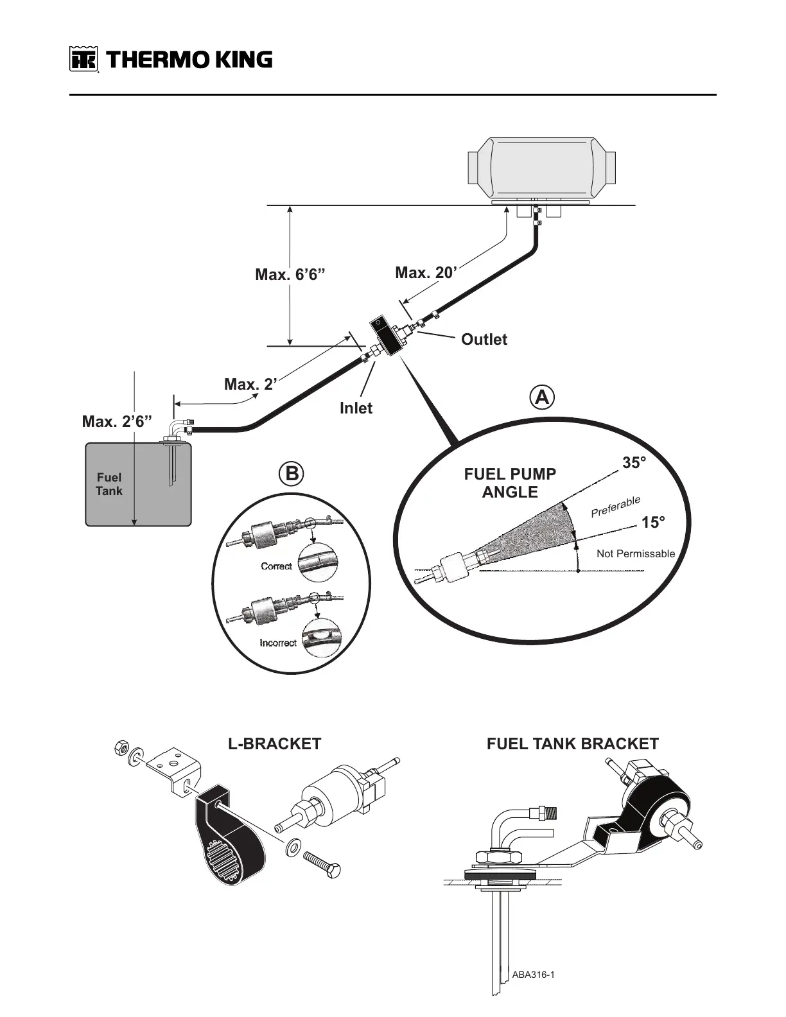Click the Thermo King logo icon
83,60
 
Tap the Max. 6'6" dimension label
290,275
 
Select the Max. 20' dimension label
426,273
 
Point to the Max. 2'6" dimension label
117,422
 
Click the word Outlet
484,340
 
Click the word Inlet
356,408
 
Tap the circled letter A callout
543,397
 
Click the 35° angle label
634,462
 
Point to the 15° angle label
653,523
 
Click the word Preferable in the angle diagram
615,507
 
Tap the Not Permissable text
635,553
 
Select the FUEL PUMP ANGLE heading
510,483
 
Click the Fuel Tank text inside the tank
109,484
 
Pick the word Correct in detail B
276,566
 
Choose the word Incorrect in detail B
278,643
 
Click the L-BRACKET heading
274,743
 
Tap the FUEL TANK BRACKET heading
572,743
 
